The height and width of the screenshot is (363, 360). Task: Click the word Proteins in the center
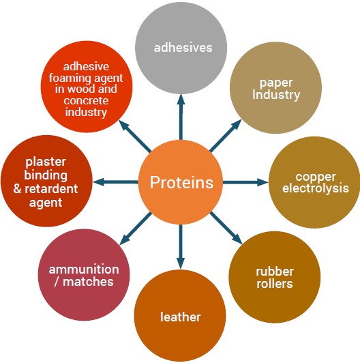click(x=181, y=182)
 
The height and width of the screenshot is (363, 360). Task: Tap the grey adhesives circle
click(x=181, y=48)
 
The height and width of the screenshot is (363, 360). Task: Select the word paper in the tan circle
click(x=276, y=83)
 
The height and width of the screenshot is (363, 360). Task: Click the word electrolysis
click(x=316, y=188)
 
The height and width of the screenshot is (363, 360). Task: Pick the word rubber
click(x=275, y=272)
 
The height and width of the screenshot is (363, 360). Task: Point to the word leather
click(x=181, y=317)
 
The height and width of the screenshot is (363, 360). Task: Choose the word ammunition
click(x=84, y=270)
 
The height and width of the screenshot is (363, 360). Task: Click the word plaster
click(x=46, y=162)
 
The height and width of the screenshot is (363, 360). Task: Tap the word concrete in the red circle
click(x=86, y=100)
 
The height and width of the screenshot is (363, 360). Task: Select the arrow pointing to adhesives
click(x=181, y=117)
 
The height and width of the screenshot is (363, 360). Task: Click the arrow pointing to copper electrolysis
click(x=245, y=182)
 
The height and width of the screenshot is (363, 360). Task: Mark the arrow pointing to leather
click(x=181, y=246)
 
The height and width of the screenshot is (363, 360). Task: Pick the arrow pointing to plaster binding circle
click(x=115, y=182)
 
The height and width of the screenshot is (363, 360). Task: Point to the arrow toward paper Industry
click(x=226, y=136)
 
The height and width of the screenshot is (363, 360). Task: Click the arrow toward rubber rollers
click(x=226, y=228)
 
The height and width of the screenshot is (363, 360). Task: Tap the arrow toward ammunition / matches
click(x=136, y=229)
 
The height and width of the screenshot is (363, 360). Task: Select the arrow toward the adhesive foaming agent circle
click(x=135, y=136)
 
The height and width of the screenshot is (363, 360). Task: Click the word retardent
click(x=51, y=189)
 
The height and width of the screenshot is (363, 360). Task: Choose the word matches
click(x=88, y=282)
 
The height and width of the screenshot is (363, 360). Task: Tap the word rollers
click(x=275, y=284)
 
